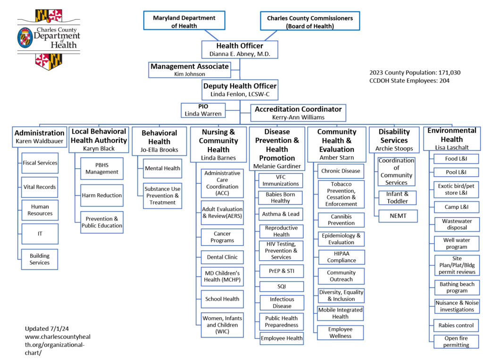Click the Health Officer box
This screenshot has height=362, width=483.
coord(239,49)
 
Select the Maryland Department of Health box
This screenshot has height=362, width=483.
coord(184,21)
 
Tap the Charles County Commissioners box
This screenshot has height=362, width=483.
coord(309,22)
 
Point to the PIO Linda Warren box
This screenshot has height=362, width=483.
coord(203,110)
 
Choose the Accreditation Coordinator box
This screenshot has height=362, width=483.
coord(298,113)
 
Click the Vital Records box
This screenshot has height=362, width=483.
coord(40,187)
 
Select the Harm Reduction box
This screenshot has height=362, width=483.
coord(102,195)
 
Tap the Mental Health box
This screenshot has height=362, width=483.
coord(162,168)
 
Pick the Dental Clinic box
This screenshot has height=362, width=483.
coord(222,257)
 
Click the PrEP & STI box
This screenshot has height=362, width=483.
coord(281,271)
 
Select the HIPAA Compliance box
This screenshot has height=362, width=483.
coord(341,257)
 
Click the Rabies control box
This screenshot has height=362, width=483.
coord(456,325)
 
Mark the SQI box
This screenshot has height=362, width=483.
coord(281,286)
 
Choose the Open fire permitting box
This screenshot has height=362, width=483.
coord(456,341)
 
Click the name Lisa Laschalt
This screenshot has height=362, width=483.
coord(451,148)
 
